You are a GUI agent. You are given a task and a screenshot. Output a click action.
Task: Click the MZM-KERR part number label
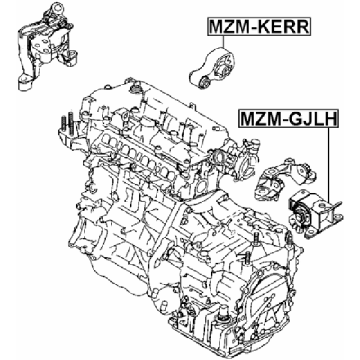pos(259,27)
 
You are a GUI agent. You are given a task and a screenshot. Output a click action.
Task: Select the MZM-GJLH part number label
pos(289,118)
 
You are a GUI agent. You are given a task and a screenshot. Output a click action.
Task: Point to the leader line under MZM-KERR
pos(223,42)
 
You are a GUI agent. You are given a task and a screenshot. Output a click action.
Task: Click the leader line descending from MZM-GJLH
pos(329,165)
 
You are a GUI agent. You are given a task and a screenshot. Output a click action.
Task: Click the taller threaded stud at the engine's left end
pos(71,123)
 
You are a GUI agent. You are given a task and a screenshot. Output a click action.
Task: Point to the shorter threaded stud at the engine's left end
pos(63,125)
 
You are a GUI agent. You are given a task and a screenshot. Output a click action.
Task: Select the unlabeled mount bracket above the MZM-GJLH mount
pos(285,178)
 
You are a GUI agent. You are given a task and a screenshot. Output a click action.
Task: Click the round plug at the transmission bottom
pos(222,316)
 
